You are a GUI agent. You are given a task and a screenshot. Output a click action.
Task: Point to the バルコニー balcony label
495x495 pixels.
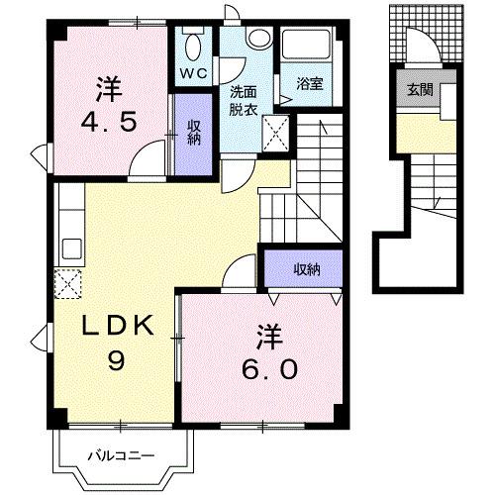120,456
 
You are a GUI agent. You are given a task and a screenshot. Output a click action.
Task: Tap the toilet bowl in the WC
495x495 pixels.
192,47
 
